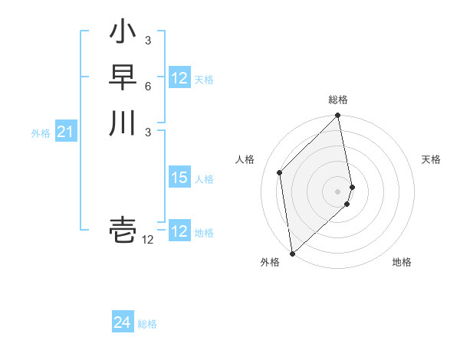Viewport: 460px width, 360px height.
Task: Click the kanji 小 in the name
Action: [123, 34]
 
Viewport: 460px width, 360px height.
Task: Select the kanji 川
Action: [123, 122]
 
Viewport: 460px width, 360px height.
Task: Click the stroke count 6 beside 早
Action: [147, 86]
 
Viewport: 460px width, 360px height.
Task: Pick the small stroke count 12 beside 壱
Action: [147, 240]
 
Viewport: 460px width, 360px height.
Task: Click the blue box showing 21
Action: [65, 133]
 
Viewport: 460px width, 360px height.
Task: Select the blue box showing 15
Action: [179, 178]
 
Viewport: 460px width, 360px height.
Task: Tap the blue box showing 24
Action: [123, 323]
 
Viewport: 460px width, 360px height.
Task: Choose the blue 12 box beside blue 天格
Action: [179, 78]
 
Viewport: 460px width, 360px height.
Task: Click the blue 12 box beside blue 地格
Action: [179, 231]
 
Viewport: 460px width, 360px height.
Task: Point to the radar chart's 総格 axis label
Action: [338, 100]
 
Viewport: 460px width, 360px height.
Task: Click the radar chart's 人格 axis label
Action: [245, 159]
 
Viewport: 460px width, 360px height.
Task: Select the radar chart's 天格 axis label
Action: [431, 159]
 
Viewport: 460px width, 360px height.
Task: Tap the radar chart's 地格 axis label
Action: [402, 262]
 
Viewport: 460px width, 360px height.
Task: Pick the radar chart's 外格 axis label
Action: [270, 262]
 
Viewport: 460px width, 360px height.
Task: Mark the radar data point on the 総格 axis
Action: [338, 116]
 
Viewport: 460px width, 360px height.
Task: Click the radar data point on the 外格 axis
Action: [292, 253]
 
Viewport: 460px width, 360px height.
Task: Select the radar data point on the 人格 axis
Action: [280, 172]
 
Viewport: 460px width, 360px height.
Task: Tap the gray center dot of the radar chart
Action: [338, 191]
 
